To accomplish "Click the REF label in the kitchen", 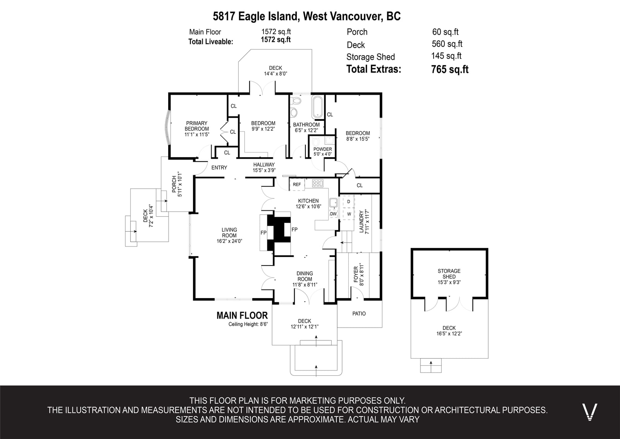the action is [x=297, y=184].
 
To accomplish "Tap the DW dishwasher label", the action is [x=333, y=214].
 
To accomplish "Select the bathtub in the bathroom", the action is [x=317, y=107].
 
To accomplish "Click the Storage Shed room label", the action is [x=449, y=274].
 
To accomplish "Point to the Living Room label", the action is [x=229, y=233].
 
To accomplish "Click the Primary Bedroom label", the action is [x=197, y=126].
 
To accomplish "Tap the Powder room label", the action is [x=322, y=149].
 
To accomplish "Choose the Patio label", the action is [x=359, y=314].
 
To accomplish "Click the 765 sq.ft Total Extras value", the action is [x=450, y=69].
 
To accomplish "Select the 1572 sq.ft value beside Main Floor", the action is [x=276, y=31].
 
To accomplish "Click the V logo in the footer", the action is [x=589, y=412].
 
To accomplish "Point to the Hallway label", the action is [x=264, y=165].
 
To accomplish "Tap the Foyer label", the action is [x=356, y=274].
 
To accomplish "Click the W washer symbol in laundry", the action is [x=349, y=214].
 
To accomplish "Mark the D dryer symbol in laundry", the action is [x=348, y=201].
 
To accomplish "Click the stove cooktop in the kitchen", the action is [x=317, y=183].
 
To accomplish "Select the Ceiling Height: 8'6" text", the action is [x=248, y=324].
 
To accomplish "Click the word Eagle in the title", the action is [x=251, y=16].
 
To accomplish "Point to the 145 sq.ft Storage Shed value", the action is [x=446, y=56].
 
